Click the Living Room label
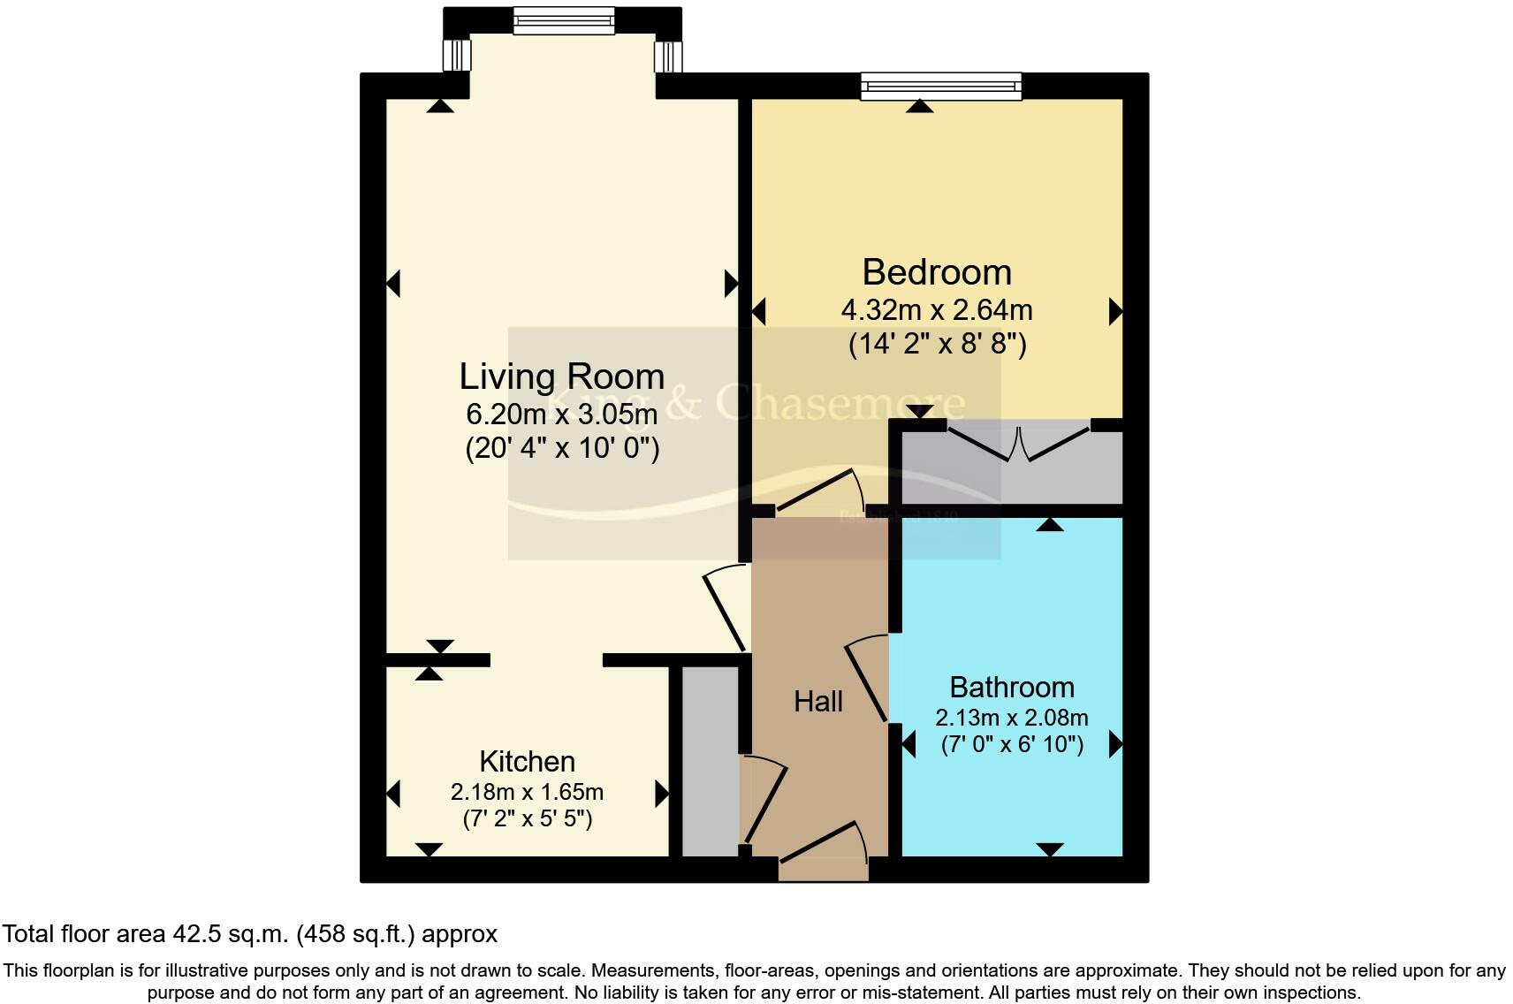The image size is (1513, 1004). [561, 377]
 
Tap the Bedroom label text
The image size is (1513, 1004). [936, 272]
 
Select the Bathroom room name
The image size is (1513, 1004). [1011, 687]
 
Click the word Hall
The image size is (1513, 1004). [817, 702]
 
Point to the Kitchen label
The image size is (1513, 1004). [527, 761]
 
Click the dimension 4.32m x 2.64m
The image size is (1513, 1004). [936, 310]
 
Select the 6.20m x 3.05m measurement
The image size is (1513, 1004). [561, 414]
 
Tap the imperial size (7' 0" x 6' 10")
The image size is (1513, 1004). [1011, 744]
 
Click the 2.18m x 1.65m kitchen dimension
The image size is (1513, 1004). [527, 791]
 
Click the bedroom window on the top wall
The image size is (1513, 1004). [941, 86]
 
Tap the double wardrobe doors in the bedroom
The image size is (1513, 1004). [1019, 443]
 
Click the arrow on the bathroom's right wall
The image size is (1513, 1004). [1115, 744]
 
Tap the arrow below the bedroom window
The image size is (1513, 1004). [919, 106]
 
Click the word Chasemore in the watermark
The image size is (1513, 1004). [840, 402]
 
